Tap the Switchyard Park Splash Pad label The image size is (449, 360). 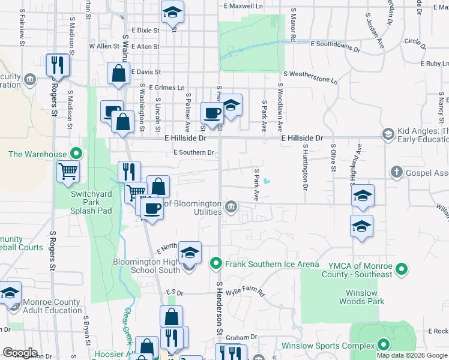(x=84, y=203)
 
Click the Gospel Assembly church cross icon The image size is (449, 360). (x=396, y=173)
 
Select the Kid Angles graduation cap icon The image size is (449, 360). (x=388, y=134)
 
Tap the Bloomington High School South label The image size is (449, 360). (x=146, y=266)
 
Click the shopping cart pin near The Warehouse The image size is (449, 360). (x=68, y=171)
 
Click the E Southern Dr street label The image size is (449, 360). (x=194, y=152)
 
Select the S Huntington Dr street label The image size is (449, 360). (x=306, y=167)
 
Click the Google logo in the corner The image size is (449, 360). (x=20, y=353)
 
